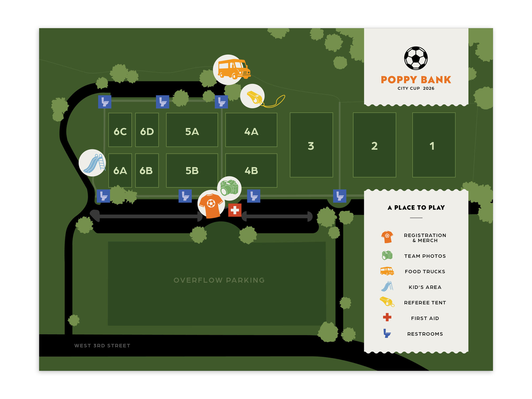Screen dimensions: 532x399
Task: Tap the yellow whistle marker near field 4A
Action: (253, 96)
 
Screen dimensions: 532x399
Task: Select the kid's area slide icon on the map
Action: (92, 163)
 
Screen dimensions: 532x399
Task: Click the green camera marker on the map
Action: (229, 188)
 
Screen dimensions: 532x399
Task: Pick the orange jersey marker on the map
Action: (211, 204)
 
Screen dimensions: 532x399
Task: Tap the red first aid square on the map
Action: (235, 210)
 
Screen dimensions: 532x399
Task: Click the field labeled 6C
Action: (120, 130)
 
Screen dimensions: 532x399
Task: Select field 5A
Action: (192, 130)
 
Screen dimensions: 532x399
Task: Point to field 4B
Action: (251, 171)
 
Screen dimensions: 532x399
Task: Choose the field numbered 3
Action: (311, 145)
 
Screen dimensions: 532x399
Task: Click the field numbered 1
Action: (434, 145)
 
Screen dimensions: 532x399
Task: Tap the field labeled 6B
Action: (147, 171)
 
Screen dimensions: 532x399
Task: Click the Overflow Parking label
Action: (219, 280)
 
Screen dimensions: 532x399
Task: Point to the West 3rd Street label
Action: (102, 346)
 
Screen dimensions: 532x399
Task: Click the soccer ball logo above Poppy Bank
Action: (416, 58)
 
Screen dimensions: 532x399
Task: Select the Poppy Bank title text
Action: (416, 80)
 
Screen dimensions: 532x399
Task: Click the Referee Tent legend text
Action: (425, 303)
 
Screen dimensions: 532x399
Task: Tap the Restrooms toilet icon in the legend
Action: (387, 333)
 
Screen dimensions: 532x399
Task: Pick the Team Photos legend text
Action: (425, 256)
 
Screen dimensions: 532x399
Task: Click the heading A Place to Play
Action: (416, 207)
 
